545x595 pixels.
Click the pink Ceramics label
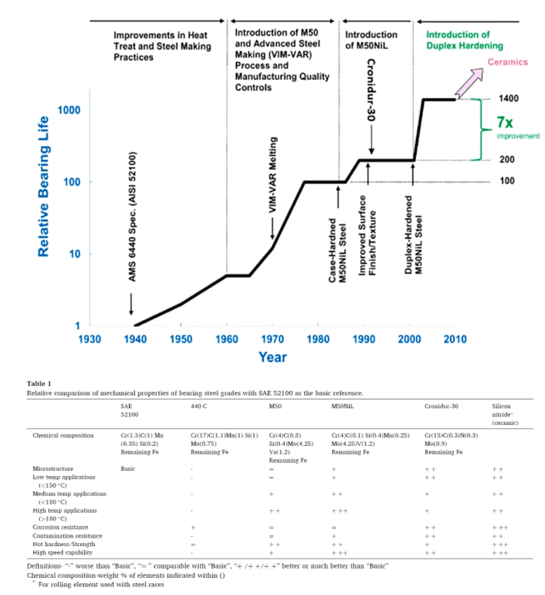point(507,61)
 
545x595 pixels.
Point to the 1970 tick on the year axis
point(272,339)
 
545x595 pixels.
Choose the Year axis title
point(272,357)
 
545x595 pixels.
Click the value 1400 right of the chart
point(508,99)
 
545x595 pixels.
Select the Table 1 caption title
point(39,383)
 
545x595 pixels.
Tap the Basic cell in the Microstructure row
point(128,469)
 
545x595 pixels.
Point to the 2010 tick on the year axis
point(456,339)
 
